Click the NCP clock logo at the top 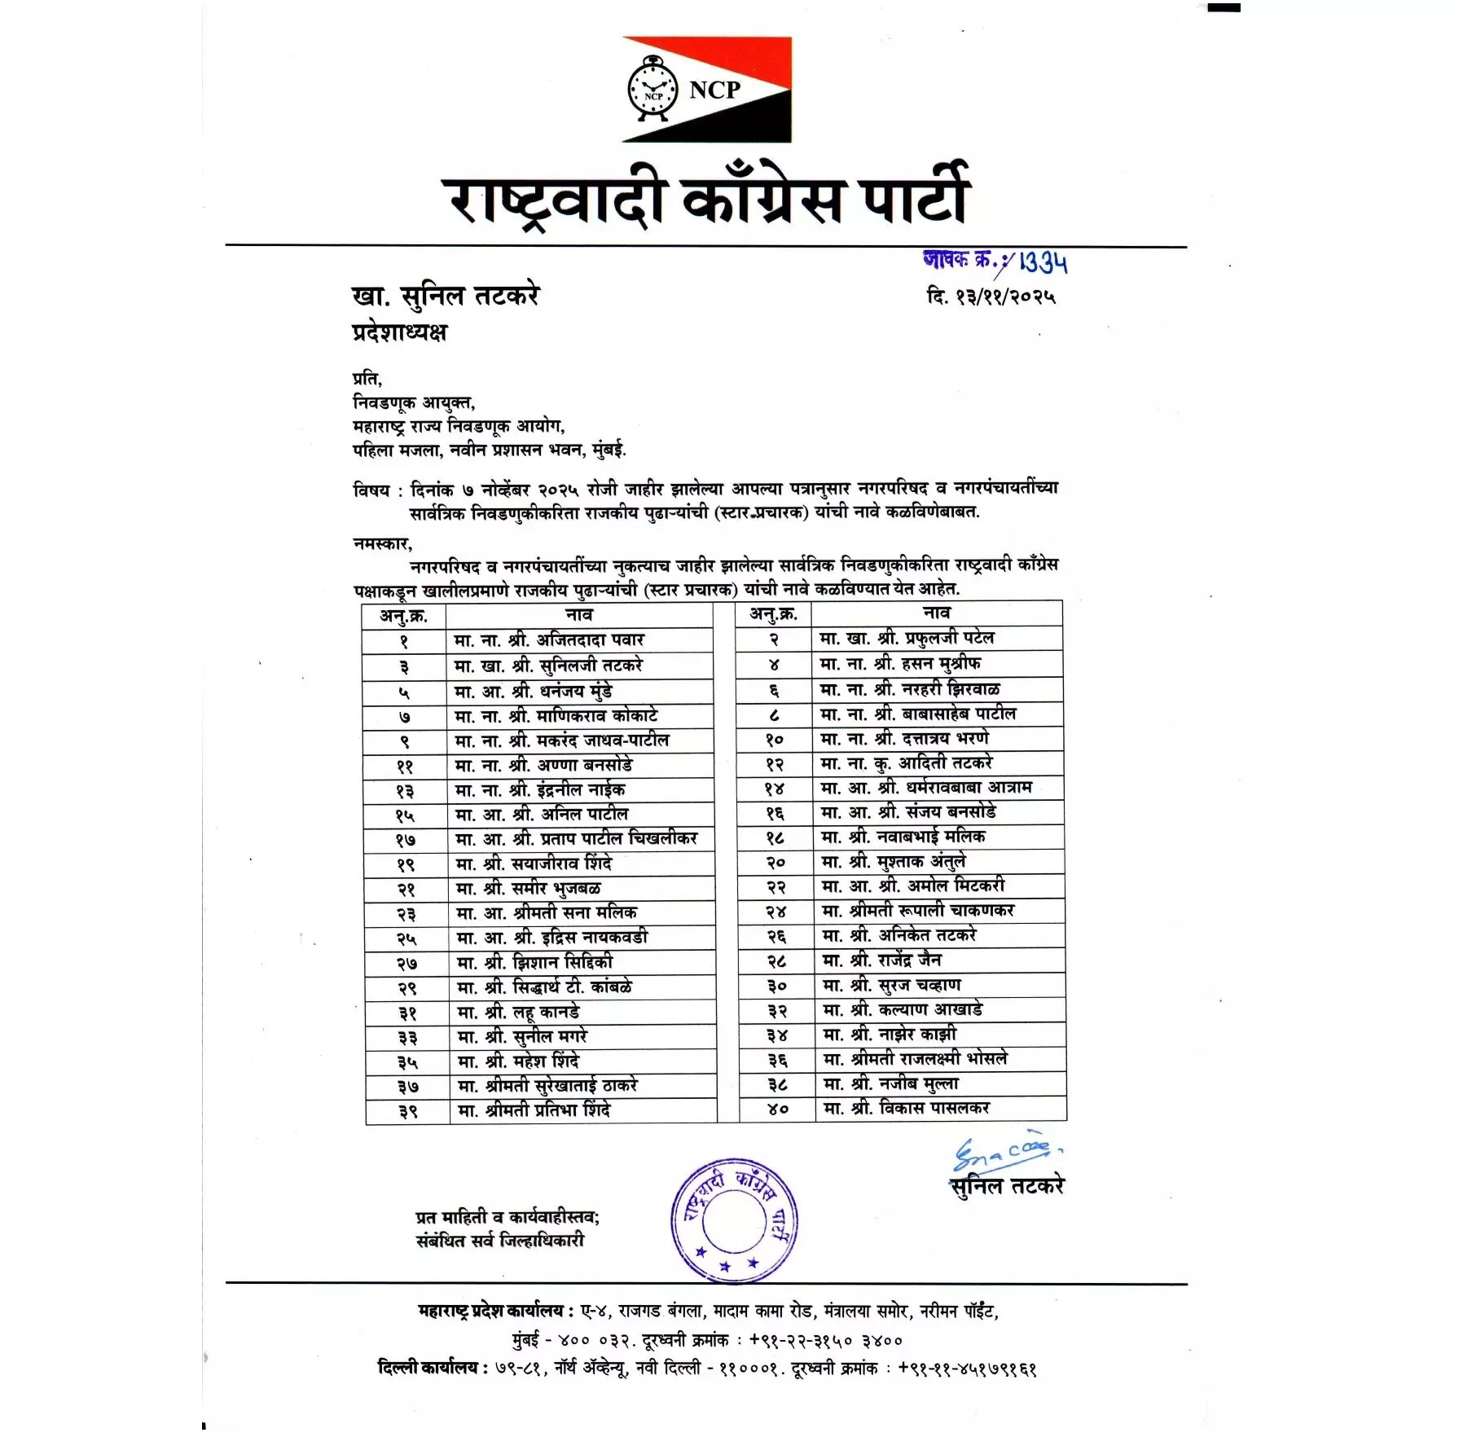[652, 90]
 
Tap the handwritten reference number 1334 [1042, 262]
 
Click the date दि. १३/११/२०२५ [991, 296]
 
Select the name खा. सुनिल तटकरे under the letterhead [445, 295]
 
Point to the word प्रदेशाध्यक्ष [399, 332]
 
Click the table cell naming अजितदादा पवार [579, 640]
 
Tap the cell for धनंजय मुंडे [579, 691]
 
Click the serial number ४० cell [777, 1109]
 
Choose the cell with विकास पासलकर [940, 1108]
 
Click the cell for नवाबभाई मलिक [938, 837]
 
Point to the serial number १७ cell [406, 840]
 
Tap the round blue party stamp [734, 1221]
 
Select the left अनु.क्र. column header [403, 615]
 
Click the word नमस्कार [382, 543]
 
